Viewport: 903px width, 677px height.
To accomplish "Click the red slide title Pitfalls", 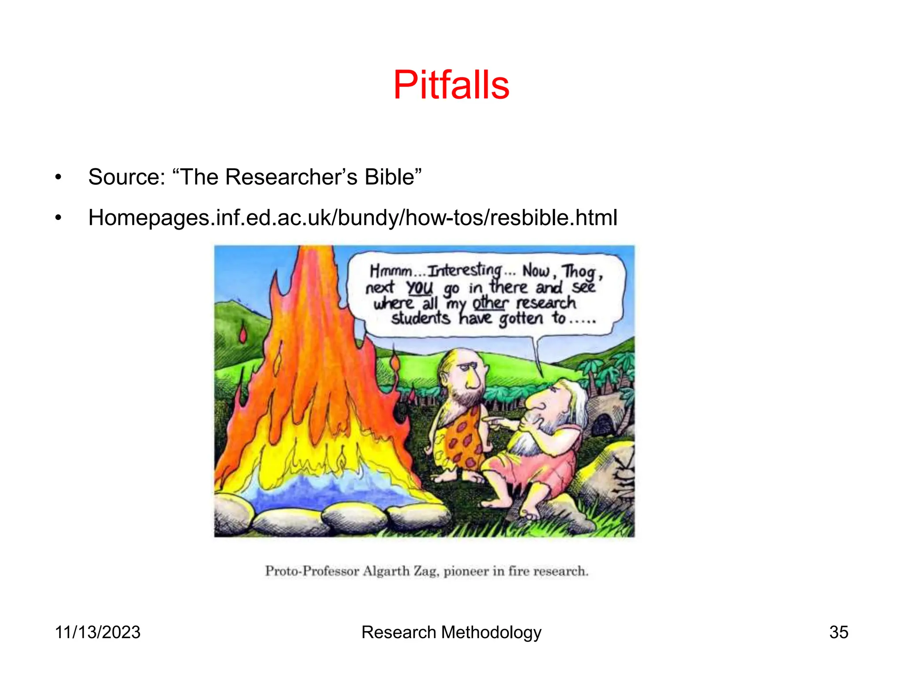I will [451, 85].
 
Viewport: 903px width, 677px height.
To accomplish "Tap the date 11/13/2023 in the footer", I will [97, 632].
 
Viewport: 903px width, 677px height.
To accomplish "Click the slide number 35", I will [839, 632].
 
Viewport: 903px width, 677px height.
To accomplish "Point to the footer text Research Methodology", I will [451, 632].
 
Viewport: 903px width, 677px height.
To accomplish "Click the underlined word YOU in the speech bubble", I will [419, 288].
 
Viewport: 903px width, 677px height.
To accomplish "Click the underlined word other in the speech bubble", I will [490, 303].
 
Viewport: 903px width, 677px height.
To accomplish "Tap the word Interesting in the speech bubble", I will [465, 270].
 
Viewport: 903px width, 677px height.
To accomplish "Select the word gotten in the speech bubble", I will [521, 318].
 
